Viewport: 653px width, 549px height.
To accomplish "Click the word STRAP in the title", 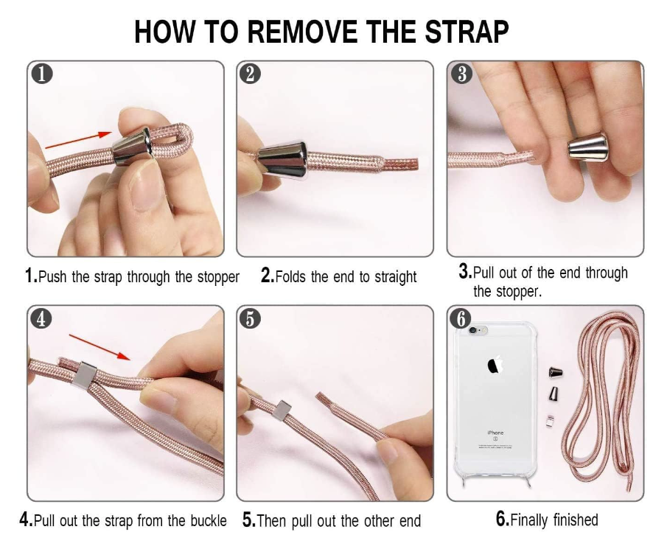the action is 467,32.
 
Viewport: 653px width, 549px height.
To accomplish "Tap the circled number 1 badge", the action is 42,74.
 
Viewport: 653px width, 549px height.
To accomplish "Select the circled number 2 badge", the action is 251,74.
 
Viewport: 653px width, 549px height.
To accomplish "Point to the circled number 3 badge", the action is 462,74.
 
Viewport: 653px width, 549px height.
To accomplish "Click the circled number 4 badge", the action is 41,318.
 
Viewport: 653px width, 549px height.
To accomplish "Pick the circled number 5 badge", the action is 250,318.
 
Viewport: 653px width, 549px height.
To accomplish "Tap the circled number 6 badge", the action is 461,318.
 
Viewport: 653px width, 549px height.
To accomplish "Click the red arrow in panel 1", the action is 79,140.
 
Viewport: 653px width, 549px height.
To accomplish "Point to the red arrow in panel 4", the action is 100,346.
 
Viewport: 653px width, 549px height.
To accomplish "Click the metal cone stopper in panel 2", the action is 283,159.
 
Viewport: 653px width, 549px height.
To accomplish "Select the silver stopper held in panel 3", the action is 588,147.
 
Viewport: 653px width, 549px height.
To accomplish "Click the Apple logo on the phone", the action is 495,365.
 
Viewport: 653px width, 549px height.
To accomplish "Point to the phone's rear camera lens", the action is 472,330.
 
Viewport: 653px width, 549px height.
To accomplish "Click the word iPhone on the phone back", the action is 495,433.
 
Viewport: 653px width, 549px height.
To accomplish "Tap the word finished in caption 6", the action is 576,520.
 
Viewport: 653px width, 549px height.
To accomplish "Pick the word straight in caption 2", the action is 396,277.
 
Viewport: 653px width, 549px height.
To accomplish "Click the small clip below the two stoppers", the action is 550,421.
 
